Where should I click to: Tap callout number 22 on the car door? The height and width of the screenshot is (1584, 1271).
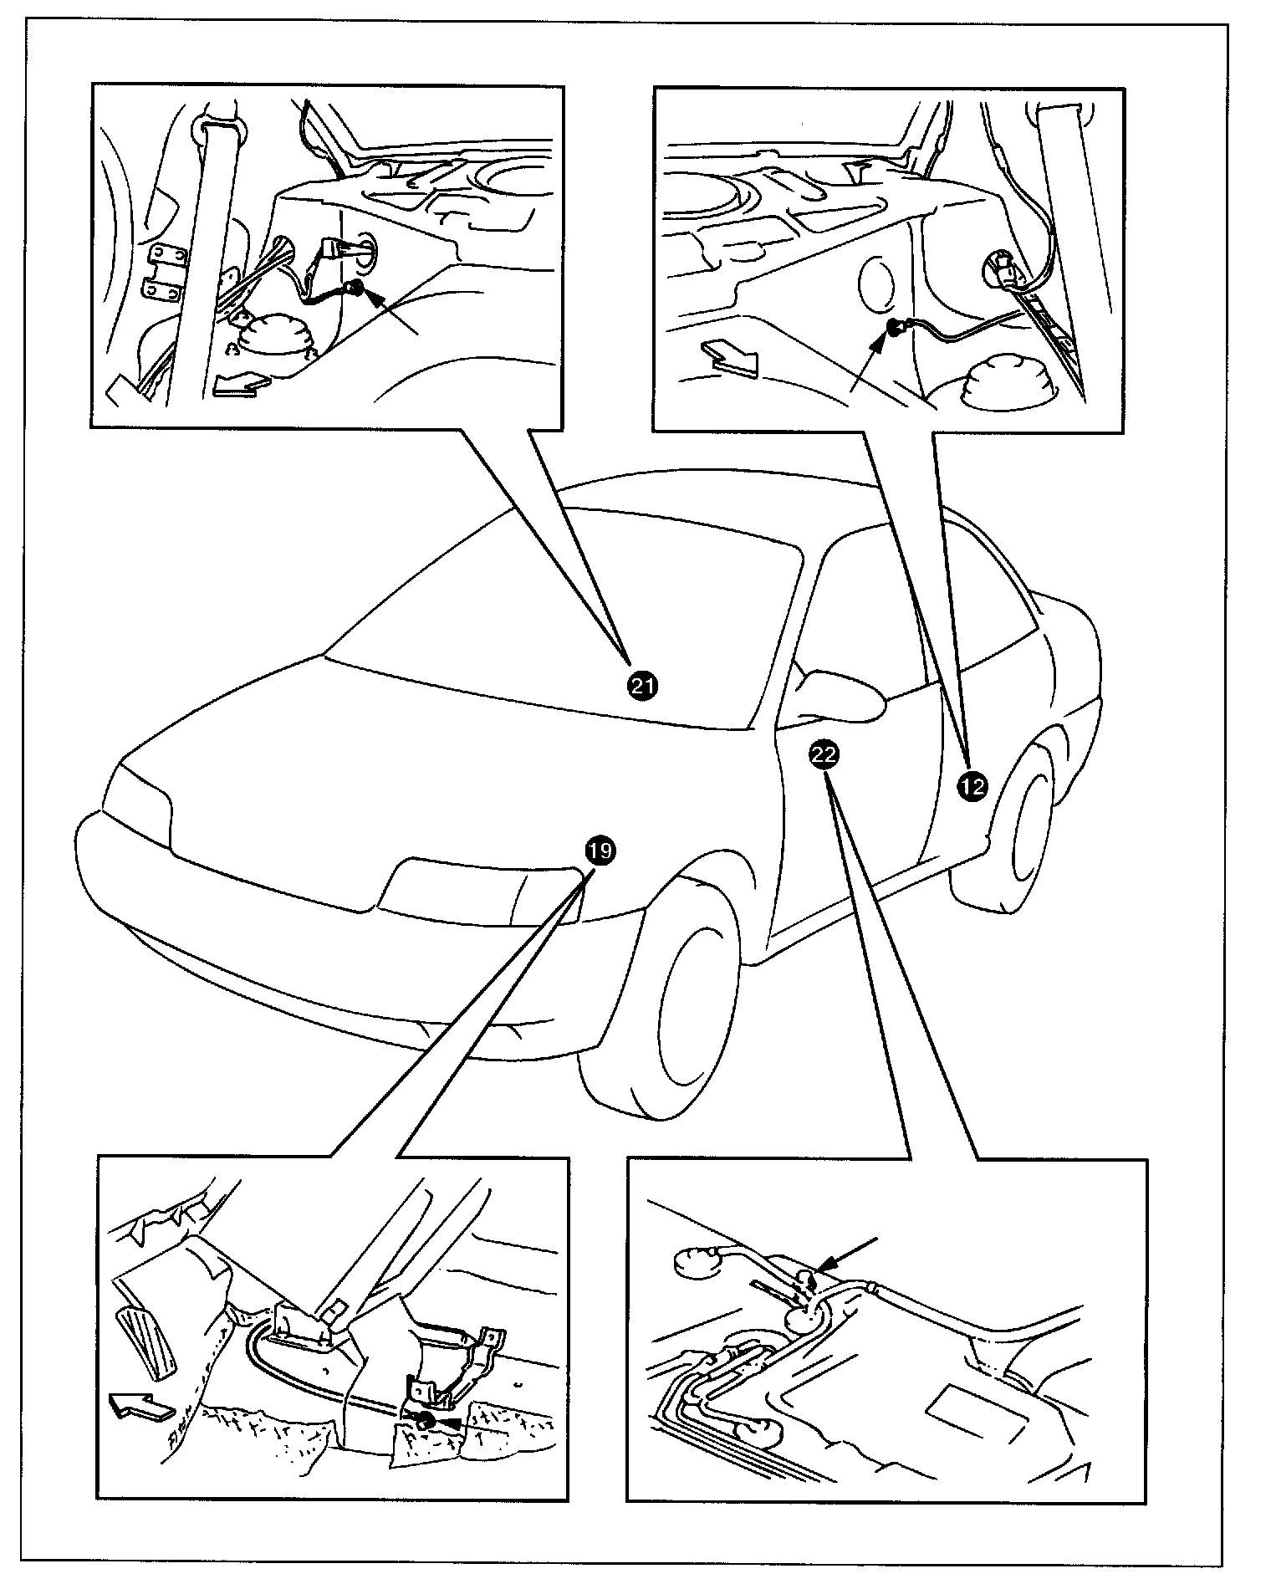pyautogui.click(x=824, y=755)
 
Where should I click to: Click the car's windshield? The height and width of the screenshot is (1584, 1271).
pyautogui.click(x=560, y=619)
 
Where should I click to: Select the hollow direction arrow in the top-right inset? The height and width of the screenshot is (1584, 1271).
pyautogui.click(x=729, y=356)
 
